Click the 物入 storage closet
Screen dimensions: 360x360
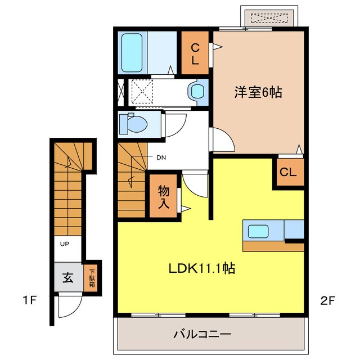tap(163, 196)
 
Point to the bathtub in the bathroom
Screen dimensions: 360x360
tap(132, 52)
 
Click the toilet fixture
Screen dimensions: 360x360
tap(133, 123)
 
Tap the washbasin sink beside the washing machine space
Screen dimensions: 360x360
tap(197, 92)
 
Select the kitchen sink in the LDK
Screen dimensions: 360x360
tap(259, 231)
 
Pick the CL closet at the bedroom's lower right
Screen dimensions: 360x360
tap(288, 172)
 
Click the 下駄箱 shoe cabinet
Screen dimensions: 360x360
tap(91, 277)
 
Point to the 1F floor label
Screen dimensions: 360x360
tap(30, 300)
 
